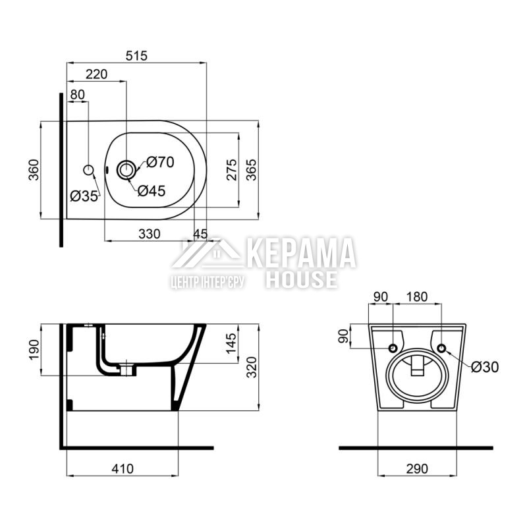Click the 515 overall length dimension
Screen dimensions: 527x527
point(137,55)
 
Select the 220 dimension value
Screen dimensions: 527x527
point(96,74)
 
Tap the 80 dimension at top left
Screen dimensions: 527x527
point(77,95)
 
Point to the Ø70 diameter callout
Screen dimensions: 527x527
point(160,162)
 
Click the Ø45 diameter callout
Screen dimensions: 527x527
point(152,191)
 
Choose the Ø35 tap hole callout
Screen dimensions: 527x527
point(84,196)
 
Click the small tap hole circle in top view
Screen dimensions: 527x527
point(88,171)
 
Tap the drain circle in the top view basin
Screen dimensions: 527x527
point(126,170)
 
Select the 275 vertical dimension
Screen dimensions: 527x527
point(232,170)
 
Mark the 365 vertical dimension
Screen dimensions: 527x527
point(251,170)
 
